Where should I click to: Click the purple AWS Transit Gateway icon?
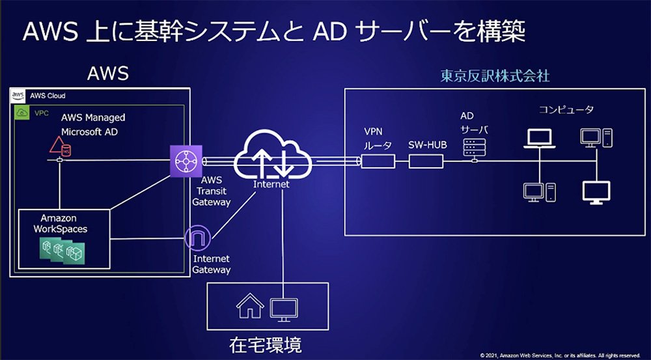[186, 161]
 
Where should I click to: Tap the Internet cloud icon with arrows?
[273, 156]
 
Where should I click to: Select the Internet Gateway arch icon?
[198, 238]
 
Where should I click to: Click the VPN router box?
[378, 161]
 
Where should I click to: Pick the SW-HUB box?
[426, 161]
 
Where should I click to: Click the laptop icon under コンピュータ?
[539, 138]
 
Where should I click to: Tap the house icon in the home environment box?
[250, 306]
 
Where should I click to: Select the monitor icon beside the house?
[284, 310]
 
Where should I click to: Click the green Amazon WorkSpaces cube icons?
[62, 251]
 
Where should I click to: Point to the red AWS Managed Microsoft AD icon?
[60, 146]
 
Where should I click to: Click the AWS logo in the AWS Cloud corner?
[18, 96]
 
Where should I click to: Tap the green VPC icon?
[21, 113]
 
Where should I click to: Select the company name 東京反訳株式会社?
[495, 76]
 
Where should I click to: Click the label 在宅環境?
[266, 344]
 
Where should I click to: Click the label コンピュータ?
[566, 110]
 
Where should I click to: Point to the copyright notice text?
[560, 355]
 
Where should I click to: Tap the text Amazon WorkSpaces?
[61, 223]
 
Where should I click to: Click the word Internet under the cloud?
[271, 184]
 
